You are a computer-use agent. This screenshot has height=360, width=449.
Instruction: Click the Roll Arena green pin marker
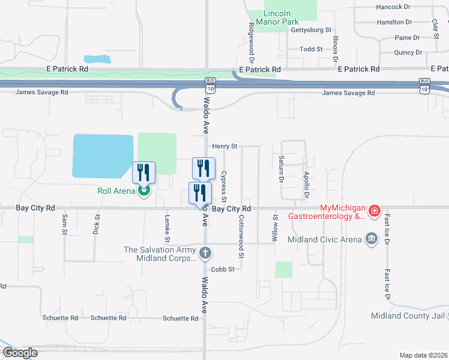coord(143,191)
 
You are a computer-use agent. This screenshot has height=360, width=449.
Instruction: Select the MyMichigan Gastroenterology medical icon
coord(374,211)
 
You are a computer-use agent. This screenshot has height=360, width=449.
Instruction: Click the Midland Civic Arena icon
coord(372,239)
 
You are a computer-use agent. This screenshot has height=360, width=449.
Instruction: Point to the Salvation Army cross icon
coord(205,253)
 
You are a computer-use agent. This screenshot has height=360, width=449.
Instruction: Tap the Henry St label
coord(225,146)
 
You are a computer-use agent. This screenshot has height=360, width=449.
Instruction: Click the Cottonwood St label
coord(241,236)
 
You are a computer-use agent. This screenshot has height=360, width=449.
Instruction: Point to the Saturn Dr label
coord(280,170)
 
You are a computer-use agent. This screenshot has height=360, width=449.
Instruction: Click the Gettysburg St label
coord(310,29)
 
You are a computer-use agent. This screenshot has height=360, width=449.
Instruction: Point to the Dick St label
coord(96,226)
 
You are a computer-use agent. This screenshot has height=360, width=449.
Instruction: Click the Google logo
coord(20,353)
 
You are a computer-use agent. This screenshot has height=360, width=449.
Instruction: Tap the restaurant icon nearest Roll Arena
coord(143,173)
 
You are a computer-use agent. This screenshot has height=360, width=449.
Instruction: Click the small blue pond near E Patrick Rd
coord(98,59)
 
